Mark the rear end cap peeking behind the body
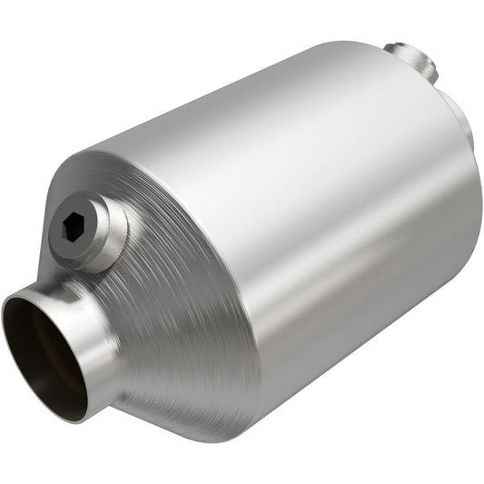pyautogui.click(x=465, y=127)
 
